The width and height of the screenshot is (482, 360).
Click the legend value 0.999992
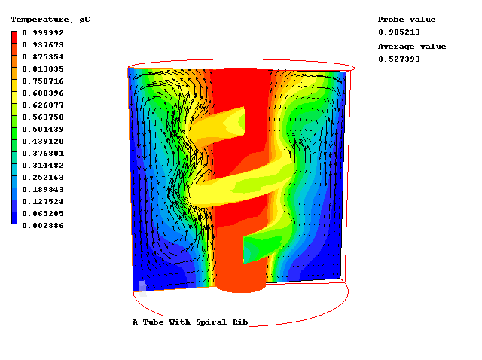[43, 33]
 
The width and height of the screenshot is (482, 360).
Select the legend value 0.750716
[43, 81]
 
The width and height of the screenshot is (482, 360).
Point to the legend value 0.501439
[43, 130]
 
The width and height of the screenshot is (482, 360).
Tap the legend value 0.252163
[43, 178]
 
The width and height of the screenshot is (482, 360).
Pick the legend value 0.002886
[43, 226]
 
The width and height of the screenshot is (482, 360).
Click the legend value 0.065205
[43, 214]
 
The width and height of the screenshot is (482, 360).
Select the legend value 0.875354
[43, 57]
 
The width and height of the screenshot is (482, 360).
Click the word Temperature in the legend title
[40, 20]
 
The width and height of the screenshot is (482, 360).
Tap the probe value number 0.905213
[399, 32]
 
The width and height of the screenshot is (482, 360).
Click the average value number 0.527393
[399, 59]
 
